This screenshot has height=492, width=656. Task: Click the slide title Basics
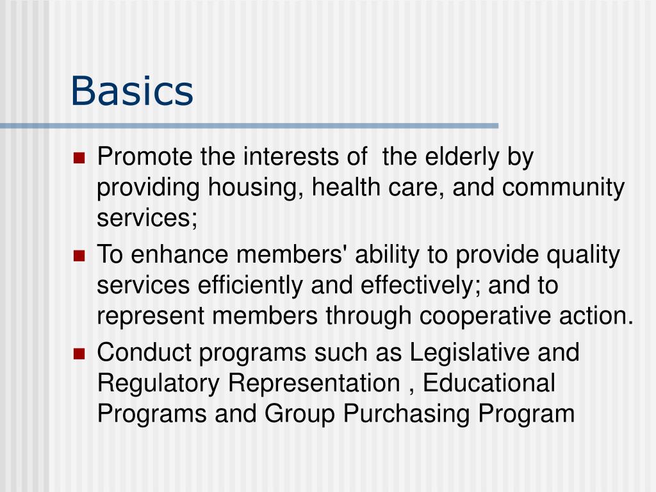click(x=131, y=90)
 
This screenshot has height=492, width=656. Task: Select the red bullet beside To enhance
click(x=79, y=256)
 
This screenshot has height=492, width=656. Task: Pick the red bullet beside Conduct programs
click(x=79, y=354)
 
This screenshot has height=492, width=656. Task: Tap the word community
click(x=563, y=188)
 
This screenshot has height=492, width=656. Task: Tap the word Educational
click(x=489, y=383)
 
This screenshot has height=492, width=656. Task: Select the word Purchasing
click(x=407, y=414)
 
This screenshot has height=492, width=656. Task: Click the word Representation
click(x=314, y=383)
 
